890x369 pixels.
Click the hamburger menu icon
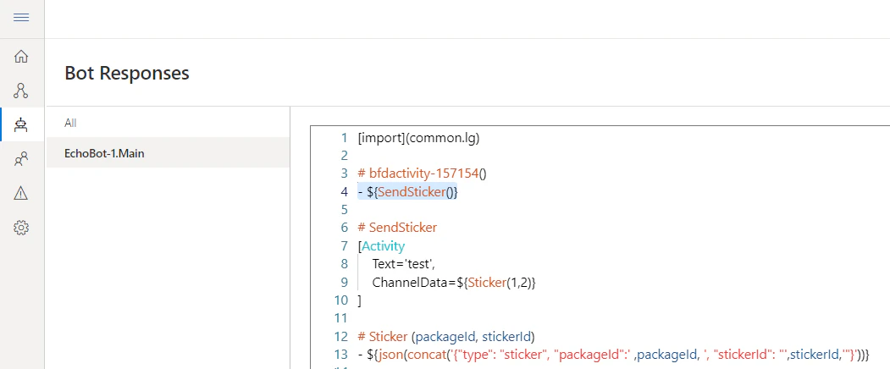click(21, 18)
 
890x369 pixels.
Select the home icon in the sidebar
click(21, 56)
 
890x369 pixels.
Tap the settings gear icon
click(21, 228)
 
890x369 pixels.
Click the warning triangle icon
click(21, 193)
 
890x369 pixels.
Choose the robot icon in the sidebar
click(21, 124)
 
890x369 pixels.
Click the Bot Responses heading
click(127, 74)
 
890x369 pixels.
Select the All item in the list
click(70, 123)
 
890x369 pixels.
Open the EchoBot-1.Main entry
click(104, 153)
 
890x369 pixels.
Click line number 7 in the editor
click(344, 246)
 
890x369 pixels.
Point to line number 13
click(340, 355)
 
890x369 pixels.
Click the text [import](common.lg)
click(419, 138)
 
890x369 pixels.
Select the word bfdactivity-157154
click(423, 173)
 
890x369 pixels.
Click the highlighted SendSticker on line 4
click(412, 192)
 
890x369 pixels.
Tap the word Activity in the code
click(383, 246)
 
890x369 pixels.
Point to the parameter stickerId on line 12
click(506, 337)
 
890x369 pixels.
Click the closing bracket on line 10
click(359, 301)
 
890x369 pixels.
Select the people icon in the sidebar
click(21, 159)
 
